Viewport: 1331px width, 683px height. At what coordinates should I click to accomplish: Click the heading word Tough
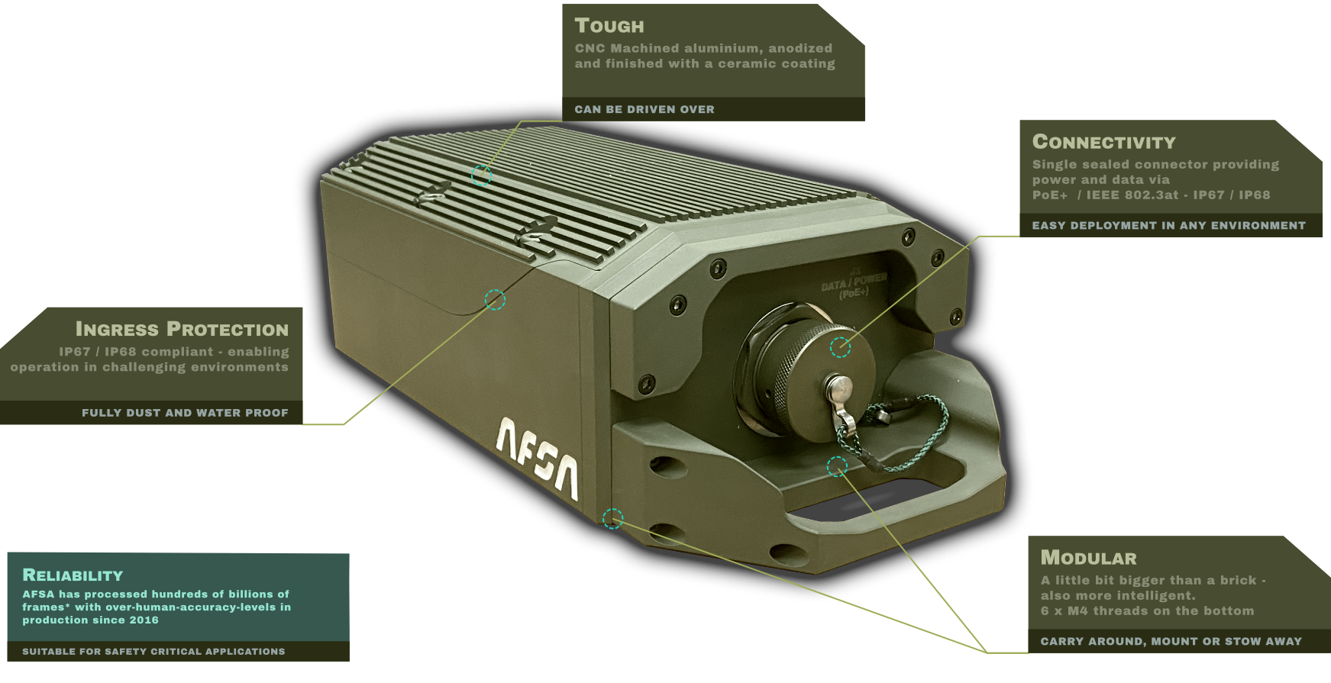tap(609, 26)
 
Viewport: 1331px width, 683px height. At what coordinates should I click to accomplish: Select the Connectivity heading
tap(1104, 142)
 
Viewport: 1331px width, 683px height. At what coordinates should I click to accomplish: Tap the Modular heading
tap(1089, 558)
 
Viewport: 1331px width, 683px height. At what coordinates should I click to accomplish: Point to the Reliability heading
tap(73, 575)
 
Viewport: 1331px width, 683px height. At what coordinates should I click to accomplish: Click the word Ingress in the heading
tap(117, 329)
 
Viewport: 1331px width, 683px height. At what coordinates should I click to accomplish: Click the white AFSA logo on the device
tap(538, 458)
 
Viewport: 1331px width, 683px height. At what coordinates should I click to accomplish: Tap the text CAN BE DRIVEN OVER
tap(645, 109)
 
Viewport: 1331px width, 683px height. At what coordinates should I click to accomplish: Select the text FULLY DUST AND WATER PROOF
tap(185, 413)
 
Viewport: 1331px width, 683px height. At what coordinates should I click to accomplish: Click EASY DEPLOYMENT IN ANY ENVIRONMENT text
tap(1169, 225)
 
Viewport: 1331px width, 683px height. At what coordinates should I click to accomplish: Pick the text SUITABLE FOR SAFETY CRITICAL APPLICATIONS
tap(153, 651)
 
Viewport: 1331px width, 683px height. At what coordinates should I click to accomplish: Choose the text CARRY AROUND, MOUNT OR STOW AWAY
tap(1171, 641)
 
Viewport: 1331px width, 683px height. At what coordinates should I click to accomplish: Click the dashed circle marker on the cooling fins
tap(481, 176)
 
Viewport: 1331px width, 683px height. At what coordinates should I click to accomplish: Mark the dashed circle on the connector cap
tap(840, 347)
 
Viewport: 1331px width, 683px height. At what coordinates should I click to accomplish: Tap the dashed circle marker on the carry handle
tap(837, 466)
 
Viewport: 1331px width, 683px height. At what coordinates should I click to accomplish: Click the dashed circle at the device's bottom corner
tap(612, 519)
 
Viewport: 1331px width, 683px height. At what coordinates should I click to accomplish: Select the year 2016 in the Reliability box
tap(144, 620)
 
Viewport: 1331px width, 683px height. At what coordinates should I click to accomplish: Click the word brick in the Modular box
tap(1238, 580)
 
